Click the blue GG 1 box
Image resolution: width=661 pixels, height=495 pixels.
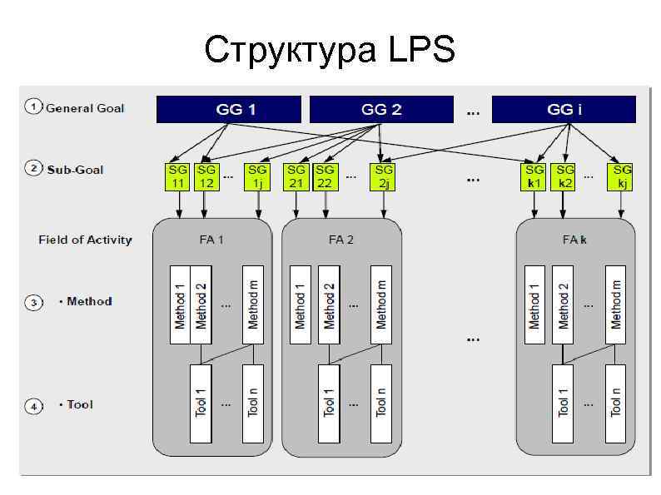229,109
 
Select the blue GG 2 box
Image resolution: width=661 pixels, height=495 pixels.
381,109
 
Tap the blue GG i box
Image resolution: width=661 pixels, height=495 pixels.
564,109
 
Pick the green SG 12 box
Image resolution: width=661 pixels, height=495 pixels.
206,177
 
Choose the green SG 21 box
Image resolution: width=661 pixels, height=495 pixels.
296,177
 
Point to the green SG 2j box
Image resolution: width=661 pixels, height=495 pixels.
383,177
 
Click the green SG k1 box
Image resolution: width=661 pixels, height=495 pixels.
534,177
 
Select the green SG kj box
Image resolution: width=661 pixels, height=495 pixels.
622,177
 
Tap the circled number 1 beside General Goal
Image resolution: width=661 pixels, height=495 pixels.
33,107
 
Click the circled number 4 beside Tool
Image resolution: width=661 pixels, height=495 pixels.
33,406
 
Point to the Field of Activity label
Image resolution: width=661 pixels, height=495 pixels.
85,240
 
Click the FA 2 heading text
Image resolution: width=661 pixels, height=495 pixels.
341,240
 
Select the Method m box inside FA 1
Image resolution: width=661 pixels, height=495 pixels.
253,304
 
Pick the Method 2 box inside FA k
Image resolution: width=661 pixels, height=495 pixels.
564,304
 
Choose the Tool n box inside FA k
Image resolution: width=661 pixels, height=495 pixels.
615,403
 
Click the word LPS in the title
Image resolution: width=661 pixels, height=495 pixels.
422,50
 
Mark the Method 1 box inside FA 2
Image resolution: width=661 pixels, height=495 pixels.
300,304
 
